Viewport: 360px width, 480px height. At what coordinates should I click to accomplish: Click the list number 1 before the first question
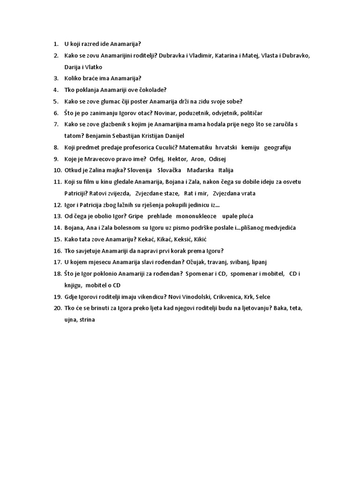[x=55, y=44]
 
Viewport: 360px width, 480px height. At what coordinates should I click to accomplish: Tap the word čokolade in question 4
[x=153, y=90]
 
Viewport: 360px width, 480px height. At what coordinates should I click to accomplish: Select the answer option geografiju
[x=277, y=147]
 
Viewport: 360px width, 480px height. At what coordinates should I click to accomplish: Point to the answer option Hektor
[x=176, y=158]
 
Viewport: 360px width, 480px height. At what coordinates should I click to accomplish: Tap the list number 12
[x=57, y=205]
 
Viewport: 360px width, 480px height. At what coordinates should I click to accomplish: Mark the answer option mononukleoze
[x=196, y=216]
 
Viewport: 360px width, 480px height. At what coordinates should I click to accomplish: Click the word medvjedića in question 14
[x=279, y=228]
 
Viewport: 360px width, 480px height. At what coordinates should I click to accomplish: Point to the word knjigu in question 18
[x=74, y=285]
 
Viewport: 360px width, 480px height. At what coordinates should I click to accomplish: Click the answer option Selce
[x=262, y=296]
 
